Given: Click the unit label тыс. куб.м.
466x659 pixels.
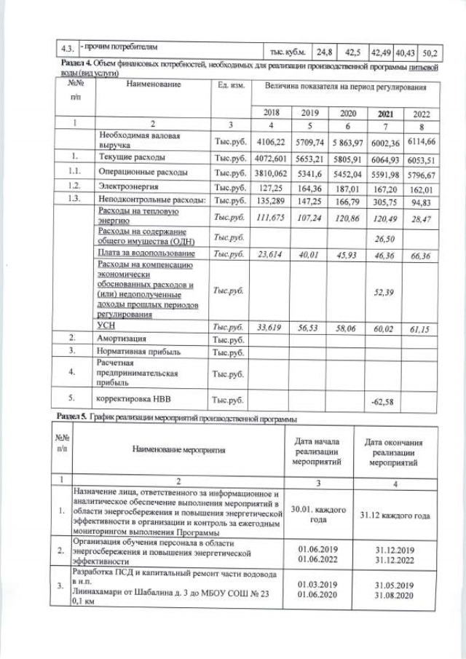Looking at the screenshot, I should [285, 52].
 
